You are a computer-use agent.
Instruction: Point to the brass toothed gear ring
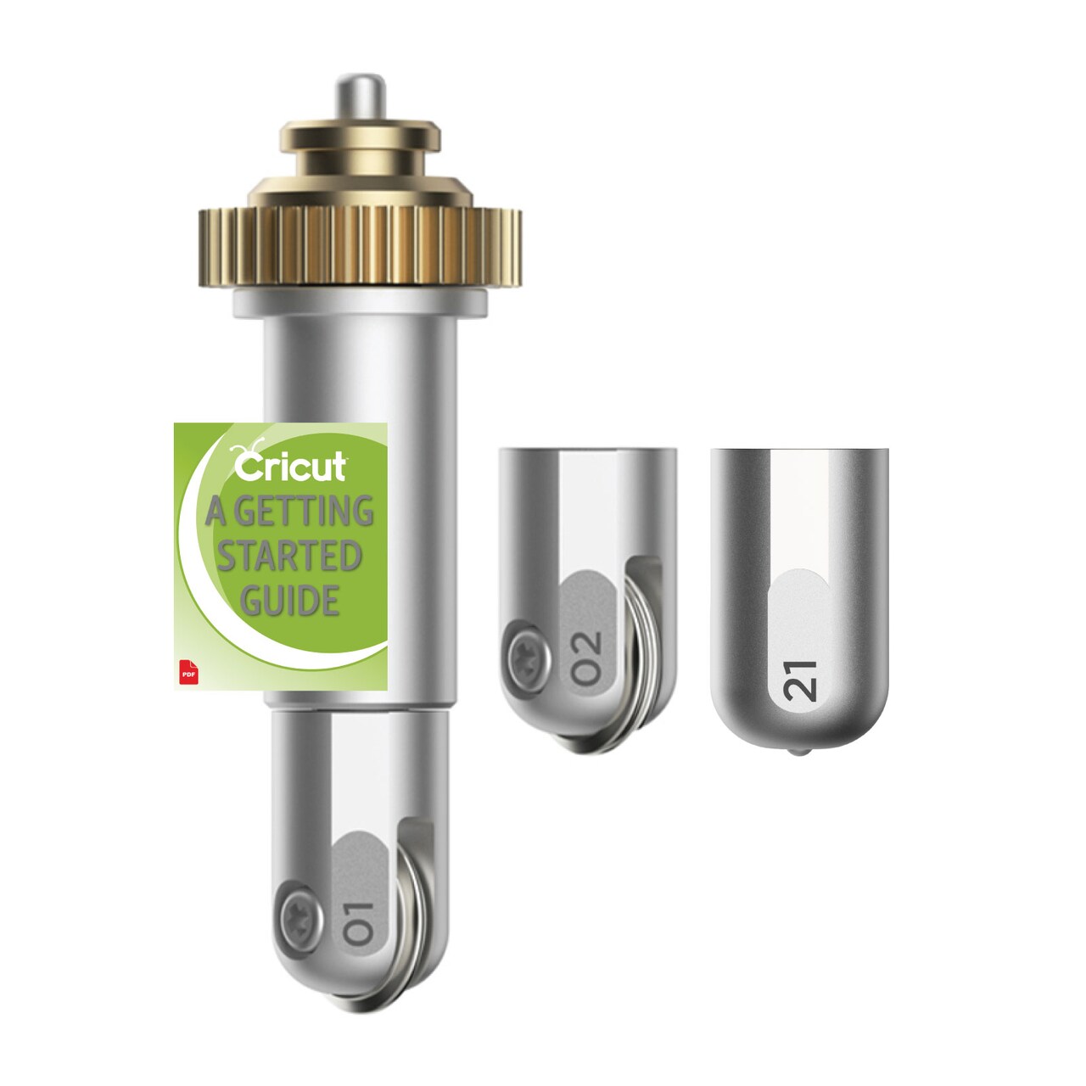(x=359, y=246)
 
